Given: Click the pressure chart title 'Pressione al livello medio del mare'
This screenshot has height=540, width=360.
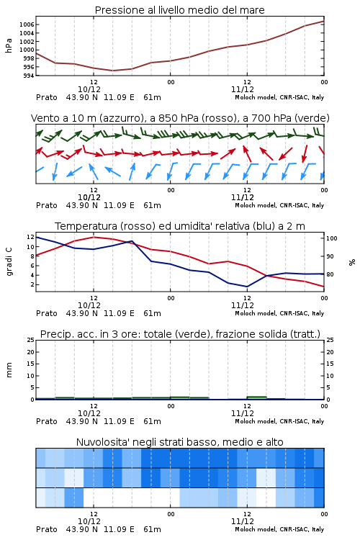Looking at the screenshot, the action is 179,10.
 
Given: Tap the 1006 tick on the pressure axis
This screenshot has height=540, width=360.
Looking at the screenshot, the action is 27,24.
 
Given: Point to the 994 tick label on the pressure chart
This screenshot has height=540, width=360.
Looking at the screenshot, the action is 28,76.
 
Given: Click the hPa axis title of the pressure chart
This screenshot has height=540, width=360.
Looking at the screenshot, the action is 9,45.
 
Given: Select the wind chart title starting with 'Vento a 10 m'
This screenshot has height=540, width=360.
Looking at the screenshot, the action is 180,118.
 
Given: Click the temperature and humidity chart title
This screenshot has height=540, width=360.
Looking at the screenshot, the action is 180,226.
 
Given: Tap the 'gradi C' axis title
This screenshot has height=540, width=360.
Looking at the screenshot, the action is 9,261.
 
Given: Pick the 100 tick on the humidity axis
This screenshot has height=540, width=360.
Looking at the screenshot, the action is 332,238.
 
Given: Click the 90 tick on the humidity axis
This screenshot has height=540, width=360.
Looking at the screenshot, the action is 330,256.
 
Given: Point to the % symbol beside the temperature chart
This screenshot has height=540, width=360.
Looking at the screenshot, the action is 352,262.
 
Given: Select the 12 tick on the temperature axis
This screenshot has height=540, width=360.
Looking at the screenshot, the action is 30,237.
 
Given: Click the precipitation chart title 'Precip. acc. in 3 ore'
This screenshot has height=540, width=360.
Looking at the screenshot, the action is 180,334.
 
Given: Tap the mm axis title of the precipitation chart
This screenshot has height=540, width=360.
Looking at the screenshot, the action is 9,370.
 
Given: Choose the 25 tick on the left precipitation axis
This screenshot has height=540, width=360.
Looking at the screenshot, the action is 30,340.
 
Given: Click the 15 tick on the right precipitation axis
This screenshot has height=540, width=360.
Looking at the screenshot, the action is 330,364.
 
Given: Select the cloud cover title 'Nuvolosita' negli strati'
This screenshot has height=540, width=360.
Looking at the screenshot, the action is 180,442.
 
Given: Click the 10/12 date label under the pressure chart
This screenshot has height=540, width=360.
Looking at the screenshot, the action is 89,89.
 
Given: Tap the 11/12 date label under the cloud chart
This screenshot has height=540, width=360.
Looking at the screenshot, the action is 243,521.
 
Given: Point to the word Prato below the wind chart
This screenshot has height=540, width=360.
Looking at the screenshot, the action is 47,205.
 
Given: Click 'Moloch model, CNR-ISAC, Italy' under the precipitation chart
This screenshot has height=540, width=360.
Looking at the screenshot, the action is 279,421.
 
